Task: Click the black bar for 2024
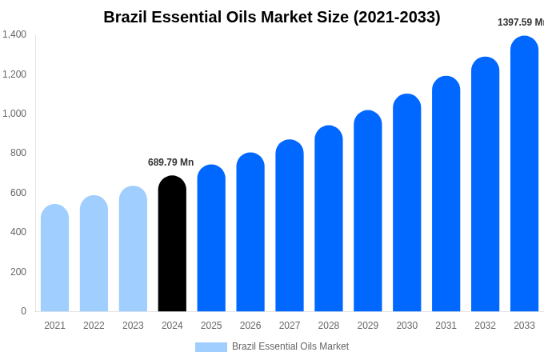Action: point(172,244)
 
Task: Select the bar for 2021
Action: point(54,258)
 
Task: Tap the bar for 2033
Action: point(524,174)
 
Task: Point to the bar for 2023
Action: point(133,249)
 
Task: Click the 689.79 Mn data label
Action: point(170,162)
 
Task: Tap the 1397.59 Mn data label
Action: point(520,22)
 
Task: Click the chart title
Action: point(272,17)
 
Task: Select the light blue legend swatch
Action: point(211,347)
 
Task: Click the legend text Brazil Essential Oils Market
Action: point(290,346)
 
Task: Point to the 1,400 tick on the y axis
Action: point(14,34)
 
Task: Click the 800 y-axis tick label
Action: point(18,153)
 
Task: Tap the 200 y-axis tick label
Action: point(18,272)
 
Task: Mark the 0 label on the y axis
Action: point(23,311)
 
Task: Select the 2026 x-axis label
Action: point(250,326)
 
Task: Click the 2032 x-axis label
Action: point(485,326)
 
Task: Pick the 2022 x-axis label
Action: point(94,326)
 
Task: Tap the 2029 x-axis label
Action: point(368,326)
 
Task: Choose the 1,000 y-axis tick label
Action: point(14,114)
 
